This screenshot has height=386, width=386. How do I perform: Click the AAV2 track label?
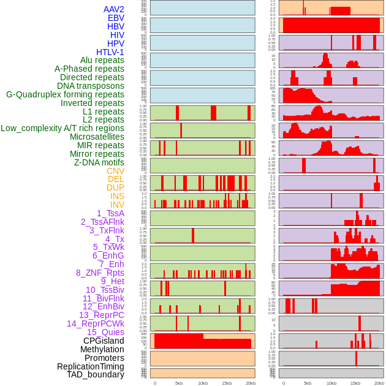click(x=113, y=9)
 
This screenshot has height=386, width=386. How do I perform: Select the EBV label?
click(x=115, y=18)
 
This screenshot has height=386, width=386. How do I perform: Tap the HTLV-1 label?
click(x=110, y=52)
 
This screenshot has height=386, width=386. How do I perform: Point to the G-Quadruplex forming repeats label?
click(x=65, y=94)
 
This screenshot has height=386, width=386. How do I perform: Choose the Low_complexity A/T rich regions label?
click(x=62, y=128)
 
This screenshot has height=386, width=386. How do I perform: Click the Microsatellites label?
click(x=97, y=137)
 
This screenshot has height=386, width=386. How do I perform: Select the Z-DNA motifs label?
click(x=99, y=162)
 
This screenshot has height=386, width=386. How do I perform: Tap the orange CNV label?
click(x=115, y=171)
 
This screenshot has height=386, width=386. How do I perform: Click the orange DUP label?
click(x=115, y=187)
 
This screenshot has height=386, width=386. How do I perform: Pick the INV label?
click(x=117, y=205)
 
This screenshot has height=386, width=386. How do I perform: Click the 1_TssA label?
click(x=110, y=213)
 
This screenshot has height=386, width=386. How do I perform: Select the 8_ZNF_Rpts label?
click(x=100, y=273)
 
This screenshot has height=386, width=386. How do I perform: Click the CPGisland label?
click(x=104, y=341)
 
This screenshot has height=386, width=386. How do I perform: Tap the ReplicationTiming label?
click(x=90, y=366)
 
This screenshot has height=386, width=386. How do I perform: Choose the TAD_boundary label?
click(x=95, y=374)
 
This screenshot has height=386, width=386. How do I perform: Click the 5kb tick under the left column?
click(x=179, y=383)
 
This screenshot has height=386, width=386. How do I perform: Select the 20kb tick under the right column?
click(x=379, y=383)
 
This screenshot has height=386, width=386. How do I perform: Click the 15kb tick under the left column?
click(x=227, y=383)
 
